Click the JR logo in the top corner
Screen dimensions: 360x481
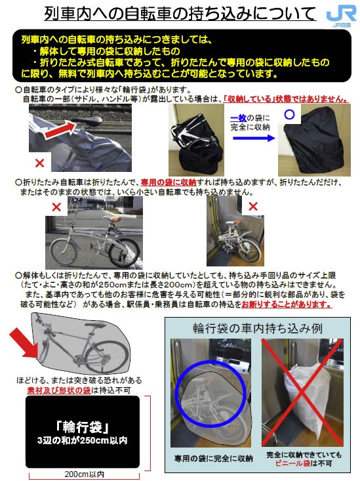(x=341, y=15)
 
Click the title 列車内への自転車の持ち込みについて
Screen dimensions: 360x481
(x=180, y=14)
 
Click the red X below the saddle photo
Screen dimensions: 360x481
(x=39, y=163)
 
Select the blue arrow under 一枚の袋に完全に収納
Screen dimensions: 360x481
(x=254, y=138)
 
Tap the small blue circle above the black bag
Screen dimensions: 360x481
(x=289, y=114)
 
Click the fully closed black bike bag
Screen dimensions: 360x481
(x=313, y=140)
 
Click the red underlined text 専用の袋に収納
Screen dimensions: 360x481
(x=169, y=182)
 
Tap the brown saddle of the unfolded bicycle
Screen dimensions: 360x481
(x=115, y=219)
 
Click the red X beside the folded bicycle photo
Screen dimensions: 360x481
(x=253, y=207)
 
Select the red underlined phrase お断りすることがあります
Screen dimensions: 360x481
(x=287, y=304)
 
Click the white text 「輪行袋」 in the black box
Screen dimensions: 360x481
(x=83, y=427)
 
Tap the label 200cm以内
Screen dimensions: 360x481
(x=85, y=474)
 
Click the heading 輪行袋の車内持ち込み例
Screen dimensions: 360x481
(x=258, y=328)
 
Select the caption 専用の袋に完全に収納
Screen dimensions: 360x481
(x=213, y=459)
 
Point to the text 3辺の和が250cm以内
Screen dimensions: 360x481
(x=82, y=441)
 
